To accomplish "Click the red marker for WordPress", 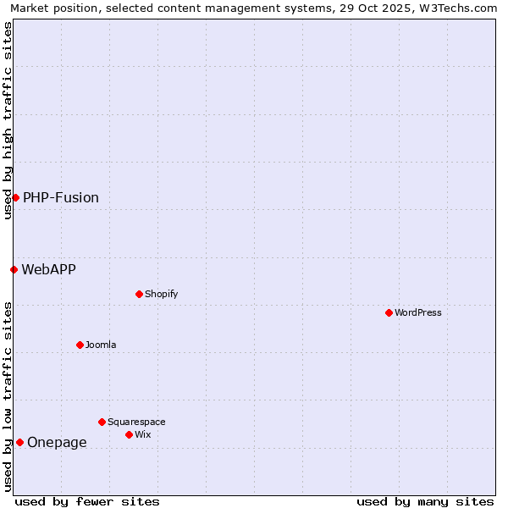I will tap(389, 312).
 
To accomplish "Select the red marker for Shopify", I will tap(139, 294).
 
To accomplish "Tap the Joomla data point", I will tap(80, 345).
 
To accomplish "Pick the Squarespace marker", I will tap(102, 422).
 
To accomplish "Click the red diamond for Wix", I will tap(129, 434).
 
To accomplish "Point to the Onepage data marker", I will tap(19, 442).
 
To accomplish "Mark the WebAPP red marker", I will tap(14, 269).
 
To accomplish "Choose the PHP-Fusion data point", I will tap(15, 197).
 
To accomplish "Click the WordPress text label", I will tap(418, 312).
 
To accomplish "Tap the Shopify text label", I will tap(161, 294).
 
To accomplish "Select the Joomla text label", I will tap(101, 345).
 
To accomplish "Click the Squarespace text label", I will tap(136, 422).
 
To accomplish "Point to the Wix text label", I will tap(143, 434).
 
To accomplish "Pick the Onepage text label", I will tap(57, 442).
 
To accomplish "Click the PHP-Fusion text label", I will tap(61, 197).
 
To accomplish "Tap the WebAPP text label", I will tap(48, 269).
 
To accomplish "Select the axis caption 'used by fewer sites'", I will tap(87, 501).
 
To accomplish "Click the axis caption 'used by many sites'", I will tap(425, 501).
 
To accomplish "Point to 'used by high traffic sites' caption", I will tap(8, 120).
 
